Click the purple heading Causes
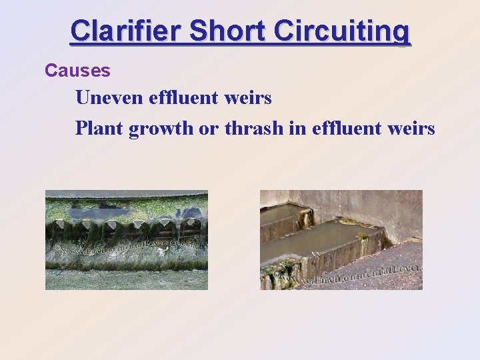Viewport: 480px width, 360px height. tap(77, 70)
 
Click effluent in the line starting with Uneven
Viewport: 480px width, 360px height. tap(183, 98)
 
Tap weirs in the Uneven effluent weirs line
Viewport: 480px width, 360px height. tap(249, 98)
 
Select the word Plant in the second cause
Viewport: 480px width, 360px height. tap(99, 127)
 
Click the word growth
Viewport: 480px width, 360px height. tap(161, 127)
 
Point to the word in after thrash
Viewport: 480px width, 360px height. tap(297, 127)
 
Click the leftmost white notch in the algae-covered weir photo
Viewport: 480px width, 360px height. tap(61, 226)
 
